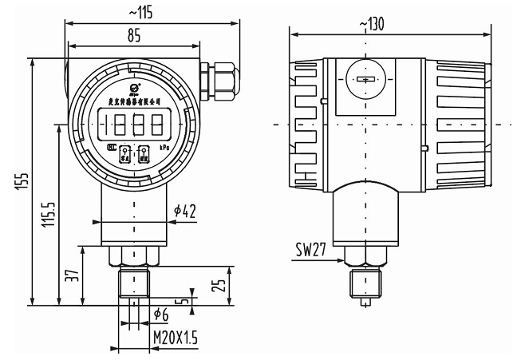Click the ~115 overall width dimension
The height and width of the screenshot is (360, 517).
point(140,13)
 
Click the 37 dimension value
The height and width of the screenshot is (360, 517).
point(71,275)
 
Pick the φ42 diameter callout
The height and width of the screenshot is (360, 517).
point(185,211)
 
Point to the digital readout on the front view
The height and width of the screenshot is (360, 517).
point(132,125)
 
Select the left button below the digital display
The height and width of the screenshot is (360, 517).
point(124,153)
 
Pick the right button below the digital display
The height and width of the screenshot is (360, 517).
point(144,153)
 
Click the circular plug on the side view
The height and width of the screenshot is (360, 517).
point(366,81)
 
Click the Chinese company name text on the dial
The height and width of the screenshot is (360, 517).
point(133,101)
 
